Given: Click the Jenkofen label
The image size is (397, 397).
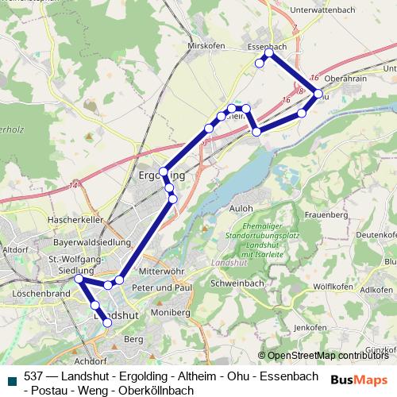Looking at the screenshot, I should point(310,327).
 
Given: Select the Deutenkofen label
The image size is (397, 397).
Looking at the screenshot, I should point(376,235).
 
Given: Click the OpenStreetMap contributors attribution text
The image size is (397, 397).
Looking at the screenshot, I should point(328,356).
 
